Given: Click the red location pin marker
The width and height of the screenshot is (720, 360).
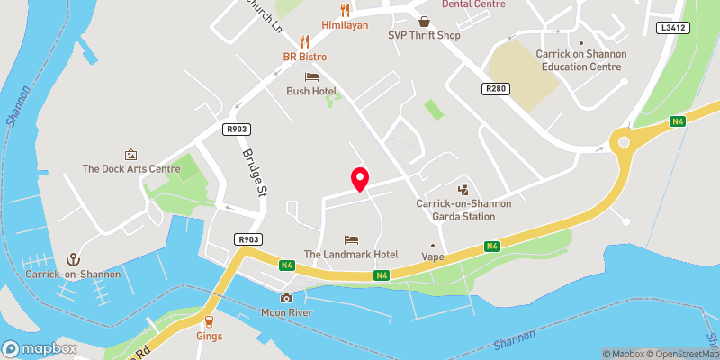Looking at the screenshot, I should pyautogui.click(x=359, y=178).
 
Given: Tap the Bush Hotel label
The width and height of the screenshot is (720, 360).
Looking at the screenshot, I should pyautogui.click(x=311, y=91).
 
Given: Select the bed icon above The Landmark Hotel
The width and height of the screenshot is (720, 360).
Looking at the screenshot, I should pyautogui.click(x=351, y=239).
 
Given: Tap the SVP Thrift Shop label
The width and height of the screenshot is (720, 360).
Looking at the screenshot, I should pyautogui.click(x=424, y=36).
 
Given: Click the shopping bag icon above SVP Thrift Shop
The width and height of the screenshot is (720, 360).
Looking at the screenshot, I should pyautogui.click(x=424, y=21).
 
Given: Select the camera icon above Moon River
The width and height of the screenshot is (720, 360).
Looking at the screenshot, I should pyautogui.click(x=286, y=298).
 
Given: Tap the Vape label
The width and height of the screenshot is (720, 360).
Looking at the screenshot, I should pyautogui.click(x=433, y=256).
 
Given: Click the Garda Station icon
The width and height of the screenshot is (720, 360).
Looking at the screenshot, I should pyautogui.click(x=463, y=189).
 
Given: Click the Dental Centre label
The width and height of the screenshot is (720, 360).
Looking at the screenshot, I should pyautogui.click(x=473, y=4).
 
